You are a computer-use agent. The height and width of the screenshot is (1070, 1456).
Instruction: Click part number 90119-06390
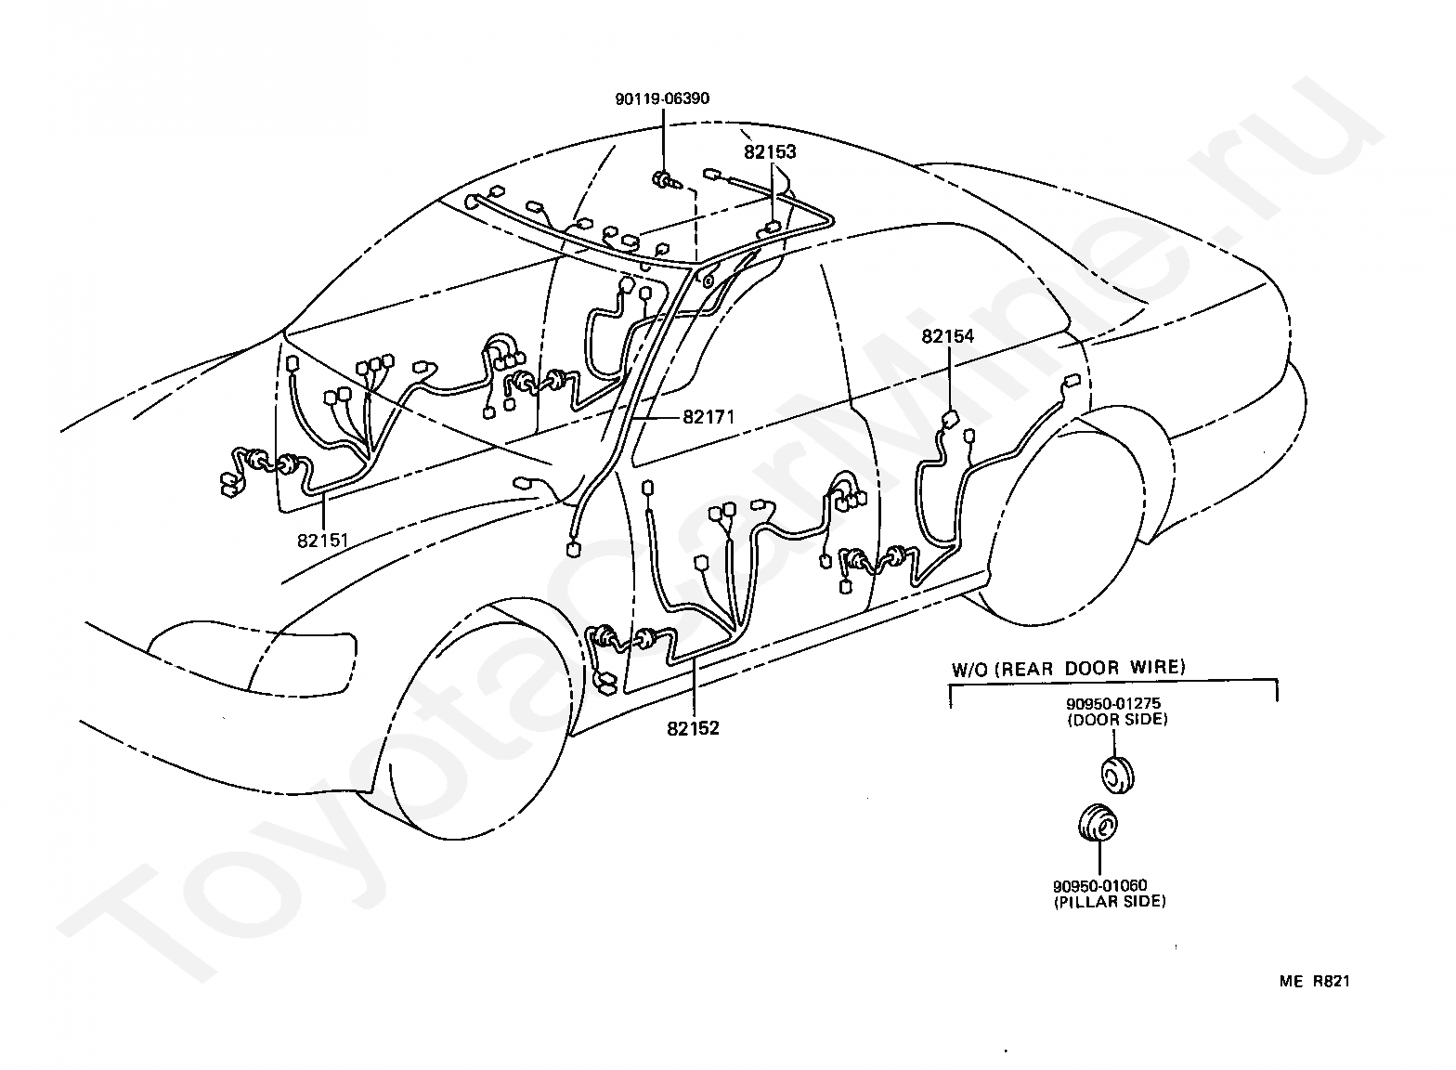click(x=662, y=98)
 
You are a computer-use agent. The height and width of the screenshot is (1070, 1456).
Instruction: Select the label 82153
click(x=770, y=152)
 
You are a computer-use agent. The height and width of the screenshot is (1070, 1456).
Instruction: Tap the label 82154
click(x=948, y=336)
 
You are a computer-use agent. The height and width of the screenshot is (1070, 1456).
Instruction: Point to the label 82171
click(x=708, y=417)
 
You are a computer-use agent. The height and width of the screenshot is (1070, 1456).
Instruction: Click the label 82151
click(x=323, y=541)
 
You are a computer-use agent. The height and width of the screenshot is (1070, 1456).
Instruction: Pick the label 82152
click(x=693, y=729)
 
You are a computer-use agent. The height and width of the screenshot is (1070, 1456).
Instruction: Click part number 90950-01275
click(x=1112, y=703)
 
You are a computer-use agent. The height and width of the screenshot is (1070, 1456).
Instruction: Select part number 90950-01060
click(x=1099, y=885)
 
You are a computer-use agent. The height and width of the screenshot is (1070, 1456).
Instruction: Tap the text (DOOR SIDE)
click(x=1117, y=720)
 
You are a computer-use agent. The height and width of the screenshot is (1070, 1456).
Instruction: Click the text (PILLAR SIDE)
click(x=1110, y=902)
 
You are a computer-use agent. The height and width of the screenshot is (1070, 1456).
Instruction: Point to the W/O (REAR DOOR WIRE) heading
click(x=1069, y=669)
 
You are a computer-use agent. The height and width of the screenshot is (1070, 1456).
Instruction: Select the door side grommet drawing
click(x=1117, y=775)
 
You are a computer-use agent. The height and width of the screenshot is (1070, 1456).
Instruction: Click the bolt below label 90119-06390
click(x=667, y=180)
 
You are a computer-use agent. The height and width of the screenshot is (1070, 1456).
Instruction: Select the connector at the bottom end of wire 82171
click(x=573, y=549)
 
